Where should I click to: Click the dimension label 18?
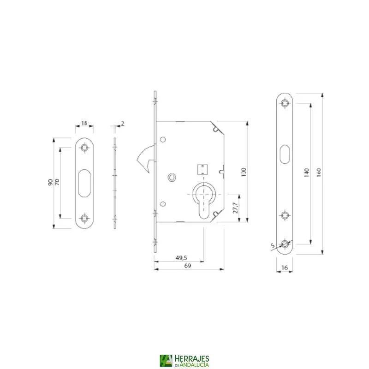(x=84, y=123)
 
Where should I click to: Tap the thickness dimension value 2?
(x=123, y=123)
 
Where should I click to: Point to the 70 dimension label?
(x=57, y=183)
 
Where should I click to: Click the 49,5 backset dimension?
(x=181, y=258)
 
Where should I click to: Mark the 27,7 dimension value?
(x=235, y=208)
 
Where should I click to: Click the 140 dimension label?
(x=306, y=173)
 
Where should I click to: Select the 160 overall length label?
(x=318, y=173)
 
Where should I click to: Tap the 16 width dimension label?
(x=284, y=267)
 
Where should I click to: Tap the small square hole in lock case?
(x=201, y=169)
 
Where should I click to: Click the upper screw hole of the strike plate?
(x=84, y=148)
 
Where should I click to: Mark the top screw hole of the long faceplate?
(x=285, y=102)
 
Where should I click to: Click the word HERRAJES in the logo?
(x=191, y=358)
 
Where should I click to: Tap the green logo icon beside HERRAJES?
(x=166, y=361)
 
